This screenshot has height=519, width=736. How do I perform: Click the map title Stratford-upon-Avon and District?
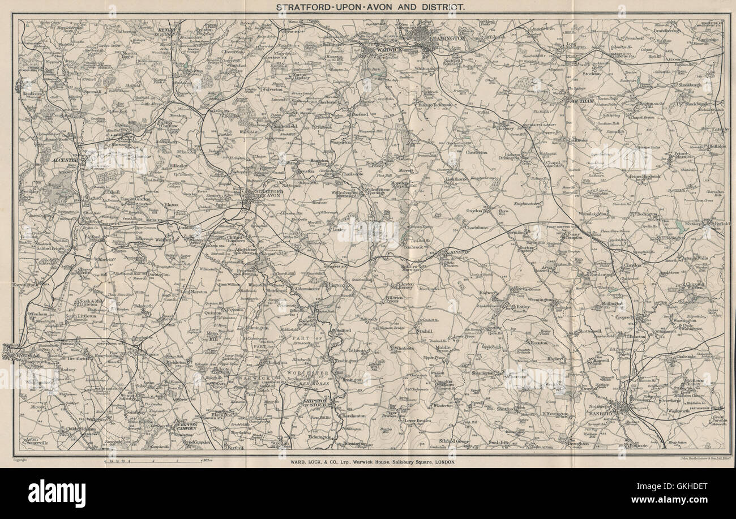370,7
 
